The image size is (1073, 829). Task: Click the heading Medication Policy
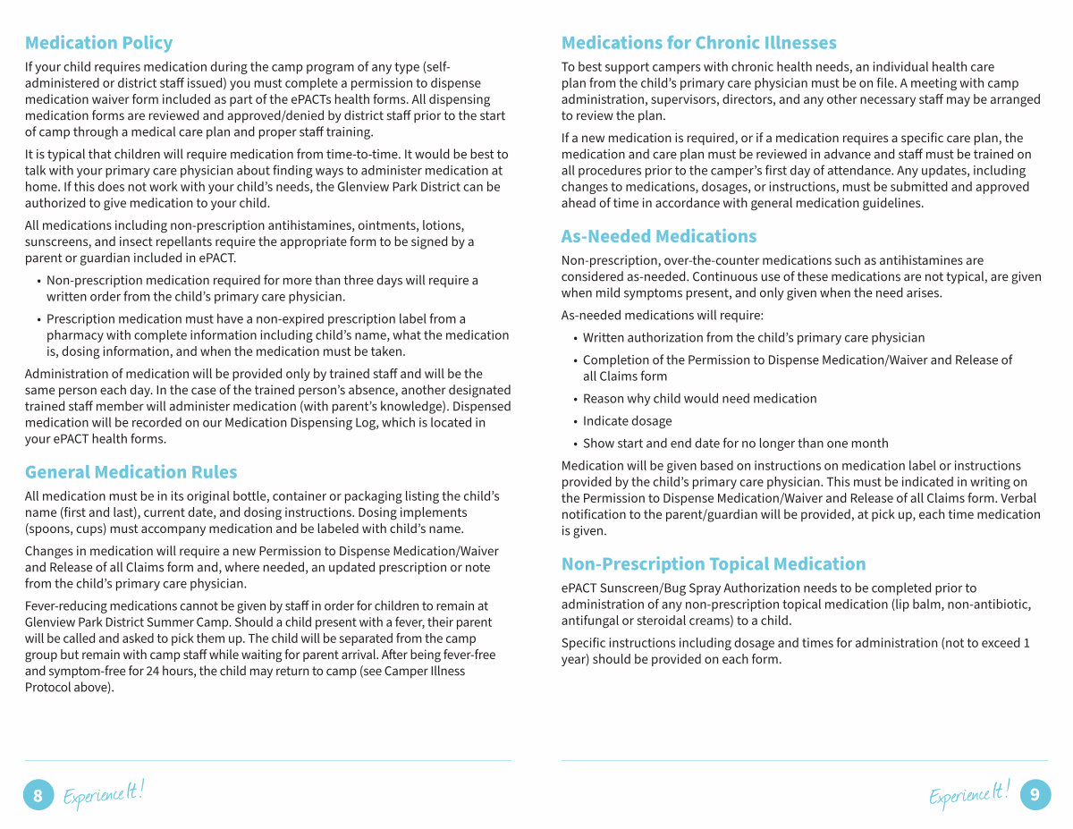(x=98, y=43)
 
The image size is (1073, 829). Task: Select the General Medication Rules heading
(x=131, y=472)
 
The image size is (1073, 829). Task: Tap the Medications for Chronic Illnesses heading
(x=698, y=43)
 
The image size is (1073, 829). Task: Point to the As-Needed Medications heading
(x=658, y=236)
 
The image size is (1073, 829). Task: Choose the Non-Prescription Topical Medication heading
(x=713, y=564)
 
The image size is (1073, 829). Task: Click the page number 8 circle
(x=38, y=795)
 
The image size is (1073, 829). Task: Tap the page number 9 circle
(x=1035, y=794)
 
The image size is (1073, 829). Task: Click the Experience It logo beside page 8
(x=103, y=793)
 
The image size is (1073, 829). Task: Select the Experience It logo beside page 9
(x=969, y=793)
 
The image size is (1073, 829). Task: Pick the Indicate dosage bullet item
(x=627, y=421)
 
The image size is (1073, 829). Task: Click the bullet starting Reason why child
(x=699, y=399)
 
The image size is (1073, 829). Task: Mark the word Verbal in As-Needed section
(x=1020, y=498)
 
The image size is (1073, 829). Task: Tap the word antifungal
(x=591, y=621)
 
